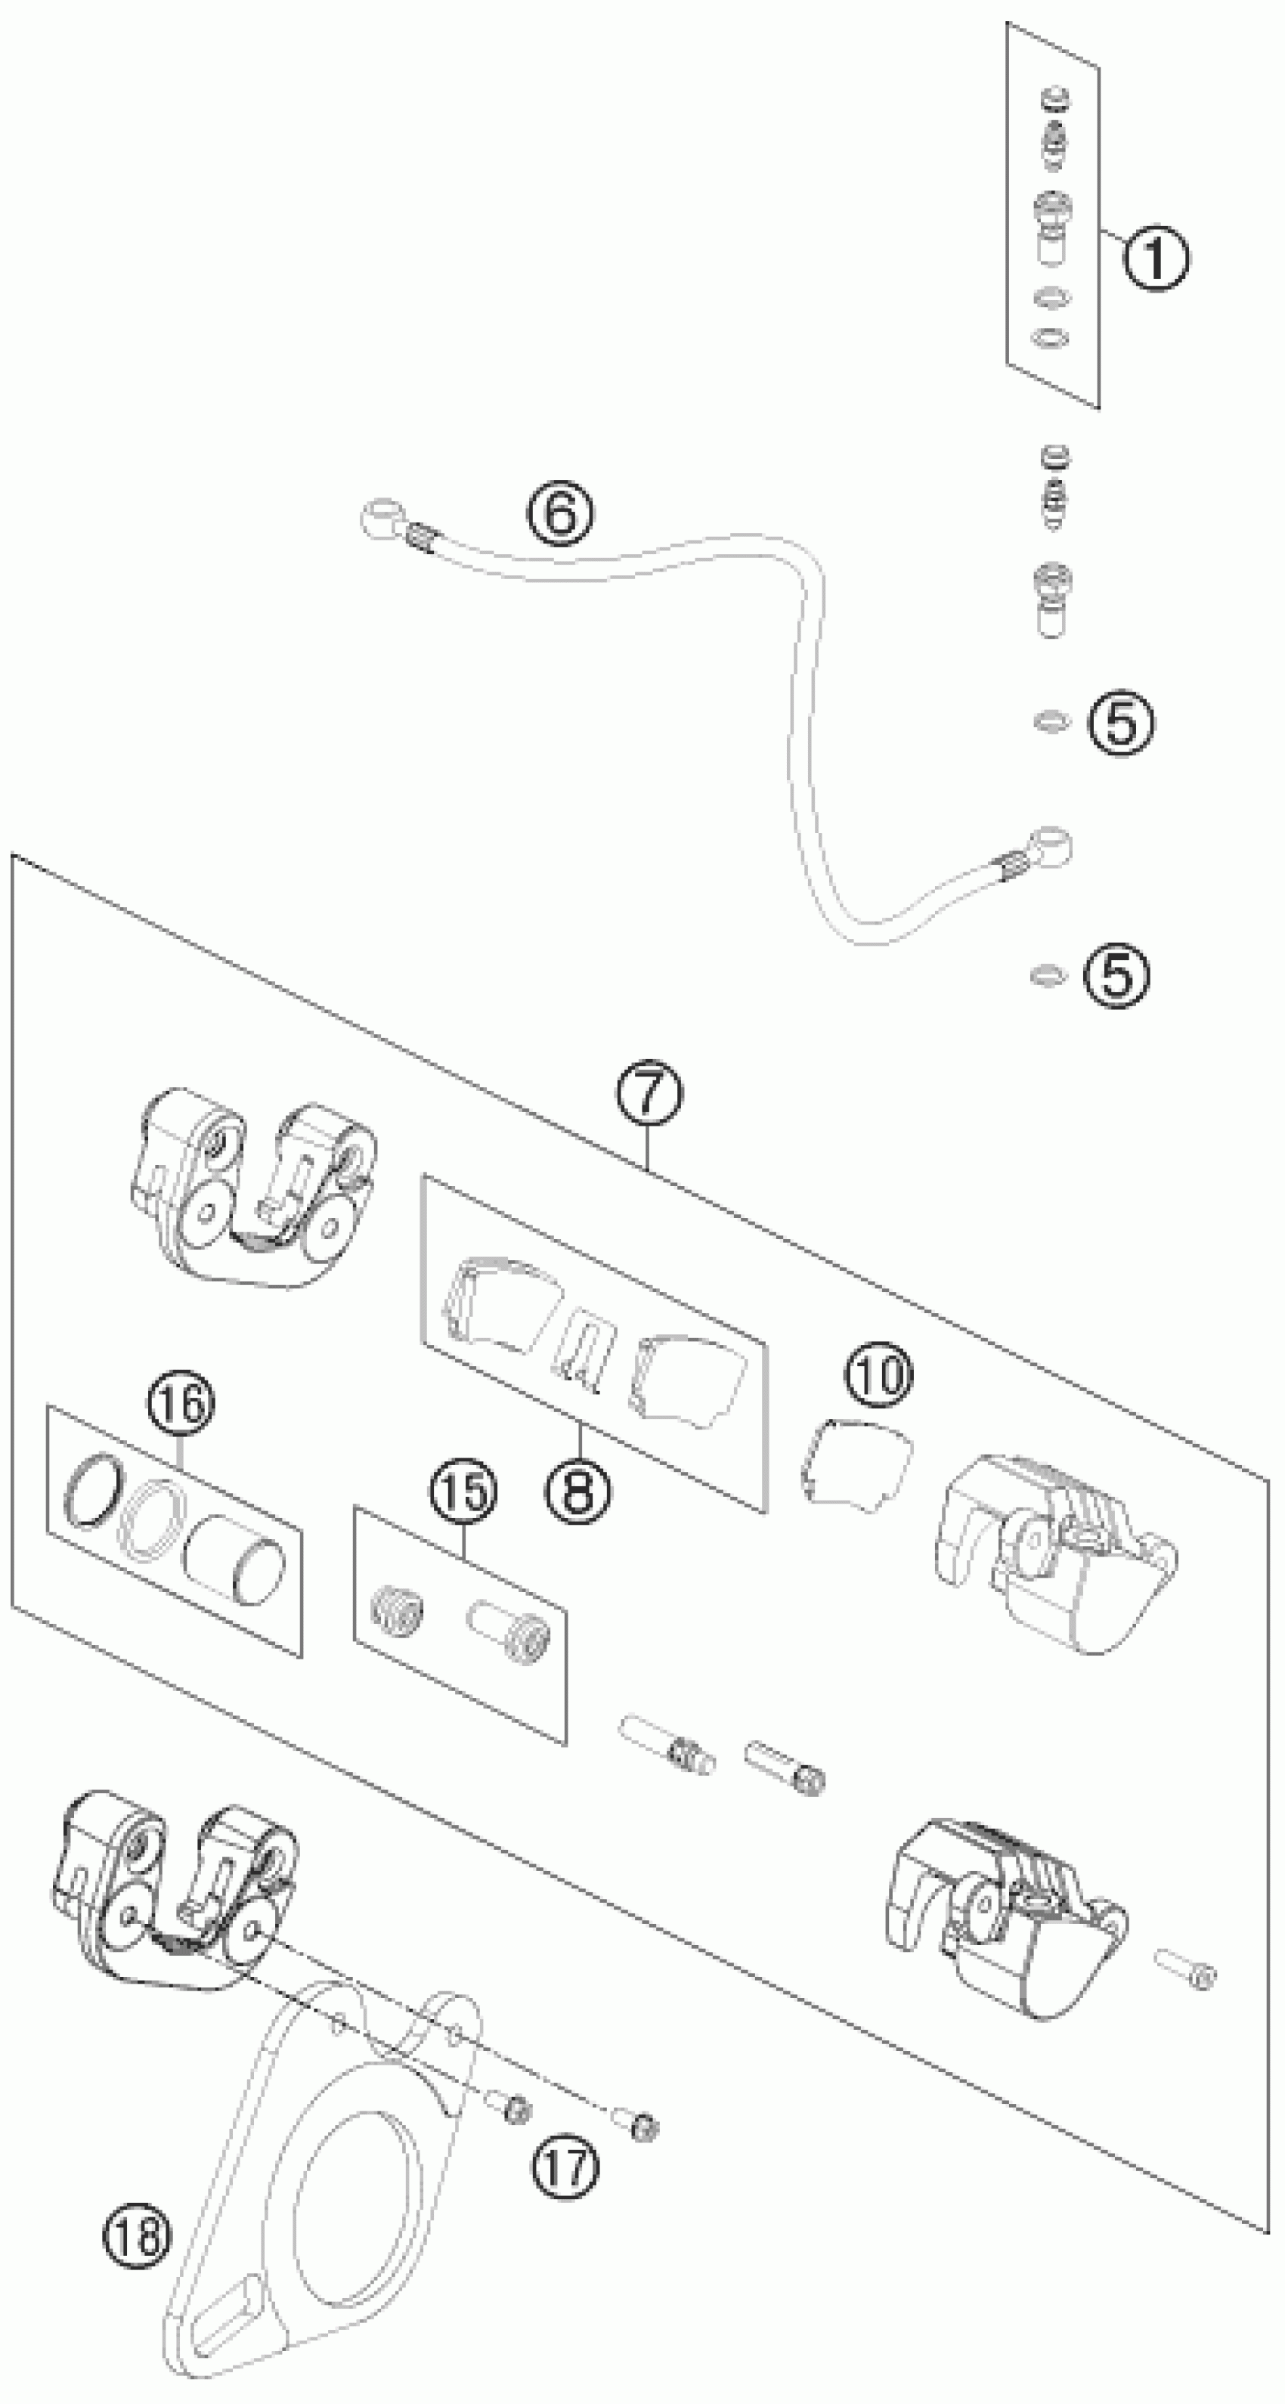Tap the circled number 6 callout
[x=560, y=513]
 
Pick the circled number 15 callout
[x=464, y=1490]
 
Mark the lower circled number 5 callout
[x=1116, y=975]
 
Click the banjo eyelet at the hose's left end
[x=379, y=517]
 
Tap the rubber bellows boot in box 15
[x=397, y=1609]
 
